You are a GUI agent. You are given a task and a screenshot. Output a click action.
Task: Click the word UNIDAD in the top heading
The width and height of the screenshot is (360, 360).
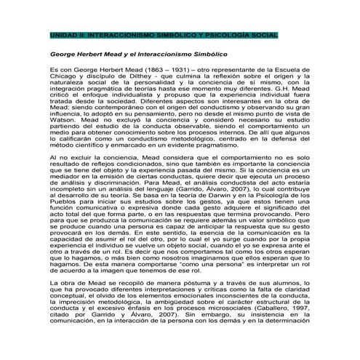(x=59, y=35)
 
